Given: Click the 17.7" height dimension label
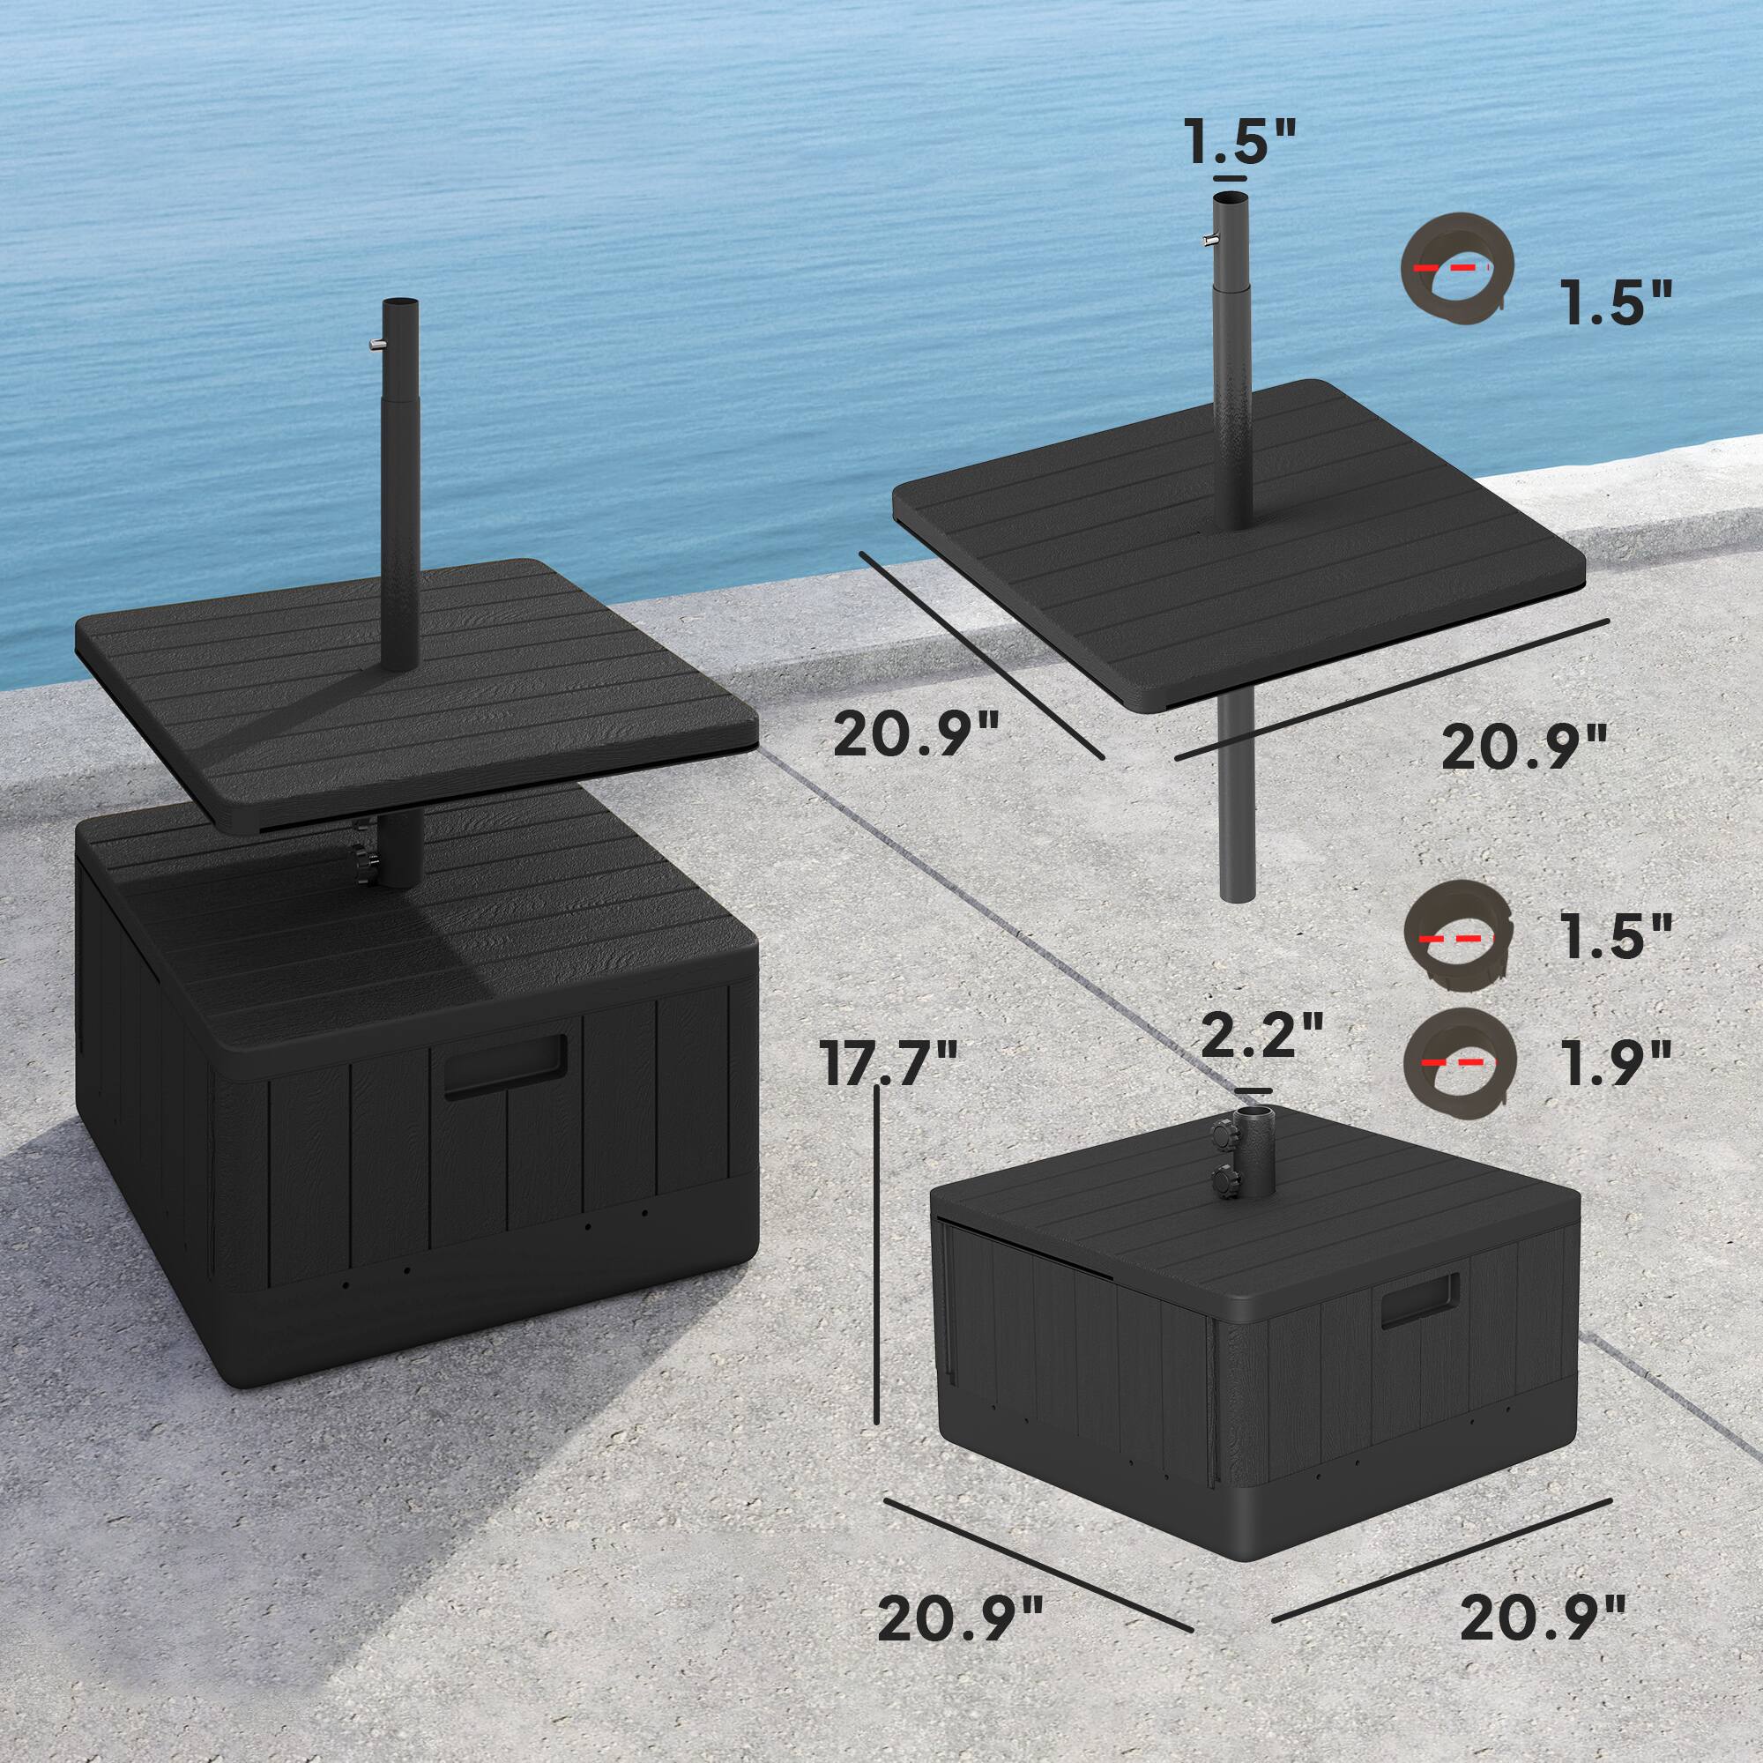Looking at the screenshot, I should click(889, 1064).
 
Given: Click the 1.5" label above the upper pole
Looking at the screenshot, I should click(1238, 142).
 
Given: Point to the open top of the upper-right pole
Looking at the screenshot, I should click(1229, 198).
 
